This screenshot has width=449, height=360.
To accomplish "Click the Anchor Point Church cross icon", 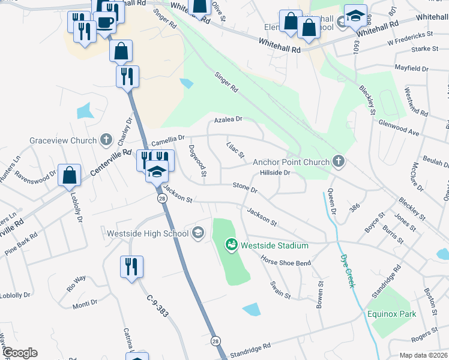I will pyautogui.click(x=339, y=161).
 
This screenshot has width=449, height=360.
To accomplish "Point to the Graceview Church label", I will pyautogui.click(x=63, y=141).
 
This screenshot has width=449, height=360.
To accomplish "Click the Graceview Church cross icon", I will pyautogui.click(x=106, y=140).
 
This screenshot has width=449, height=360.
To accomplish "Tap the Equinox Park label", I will pyautogui.click(x=392, y=313).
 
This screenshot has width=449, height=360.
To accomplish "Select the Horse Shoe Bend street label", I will pyautogui.click(x=285, y=263).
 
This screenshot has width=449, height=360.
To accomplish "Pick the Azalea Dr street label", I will pyautogui.click(x=229, y=119).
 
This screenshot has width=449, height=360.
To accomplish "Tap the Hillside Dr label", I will pyautogui.click(x=275, y=173).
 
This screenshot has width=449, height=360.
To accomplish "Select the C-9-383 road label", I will pyautogui.click(x=157, y=305).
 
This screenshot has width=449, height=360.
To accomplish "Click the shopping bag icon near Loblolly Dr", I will pyautogui.click(x=70, y=175).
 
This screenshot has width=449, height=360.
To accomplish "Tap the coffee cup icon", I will pyautogui.click(x=104, y=23).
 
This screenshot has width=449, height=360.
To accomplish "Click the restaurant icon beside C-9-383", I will pyautogui.click(x=131, y=266).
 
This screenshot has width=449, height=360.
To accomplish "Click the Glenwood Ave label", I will pyautogui.click(x=399, y=127).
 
